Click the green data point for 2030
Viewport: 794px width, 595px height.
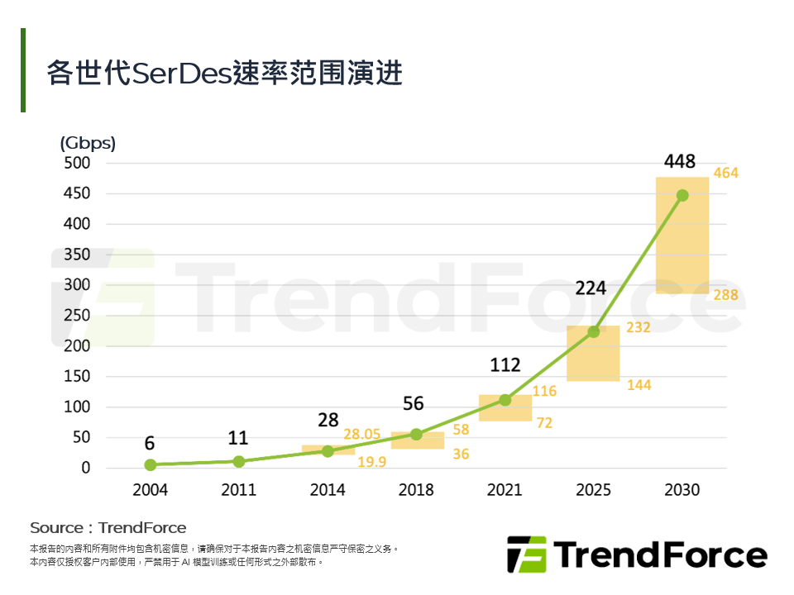coord(682,195)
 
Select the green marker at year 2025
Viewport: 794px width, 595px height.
coord(593,331)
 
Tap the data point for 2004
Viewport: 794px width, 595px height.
coord(150,464)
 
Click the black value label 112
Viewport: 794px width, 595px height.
coord(505,364)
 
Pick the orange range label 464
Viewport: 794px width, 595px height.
coord(725,174)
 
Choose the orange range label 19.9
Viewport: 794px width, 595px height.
coord(371,462)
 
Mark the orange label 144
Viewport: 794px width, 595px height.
coord(639,385)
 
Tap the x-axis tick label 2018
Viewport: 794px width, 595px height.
coord(416,490)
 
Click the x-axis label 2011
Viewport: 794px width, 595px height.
coord(238,490)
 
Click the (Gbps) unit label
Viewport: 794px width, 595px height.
coord(88,143)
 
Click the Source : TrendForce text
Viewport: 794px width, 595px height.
coord(108,527)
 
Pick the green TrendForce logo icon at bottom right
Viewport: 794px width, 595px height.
coord(527,554)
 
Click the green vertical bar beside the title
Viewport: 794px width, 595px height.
coord(23,70)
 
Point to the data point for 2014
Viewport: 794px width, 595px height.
coord(328,451)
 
